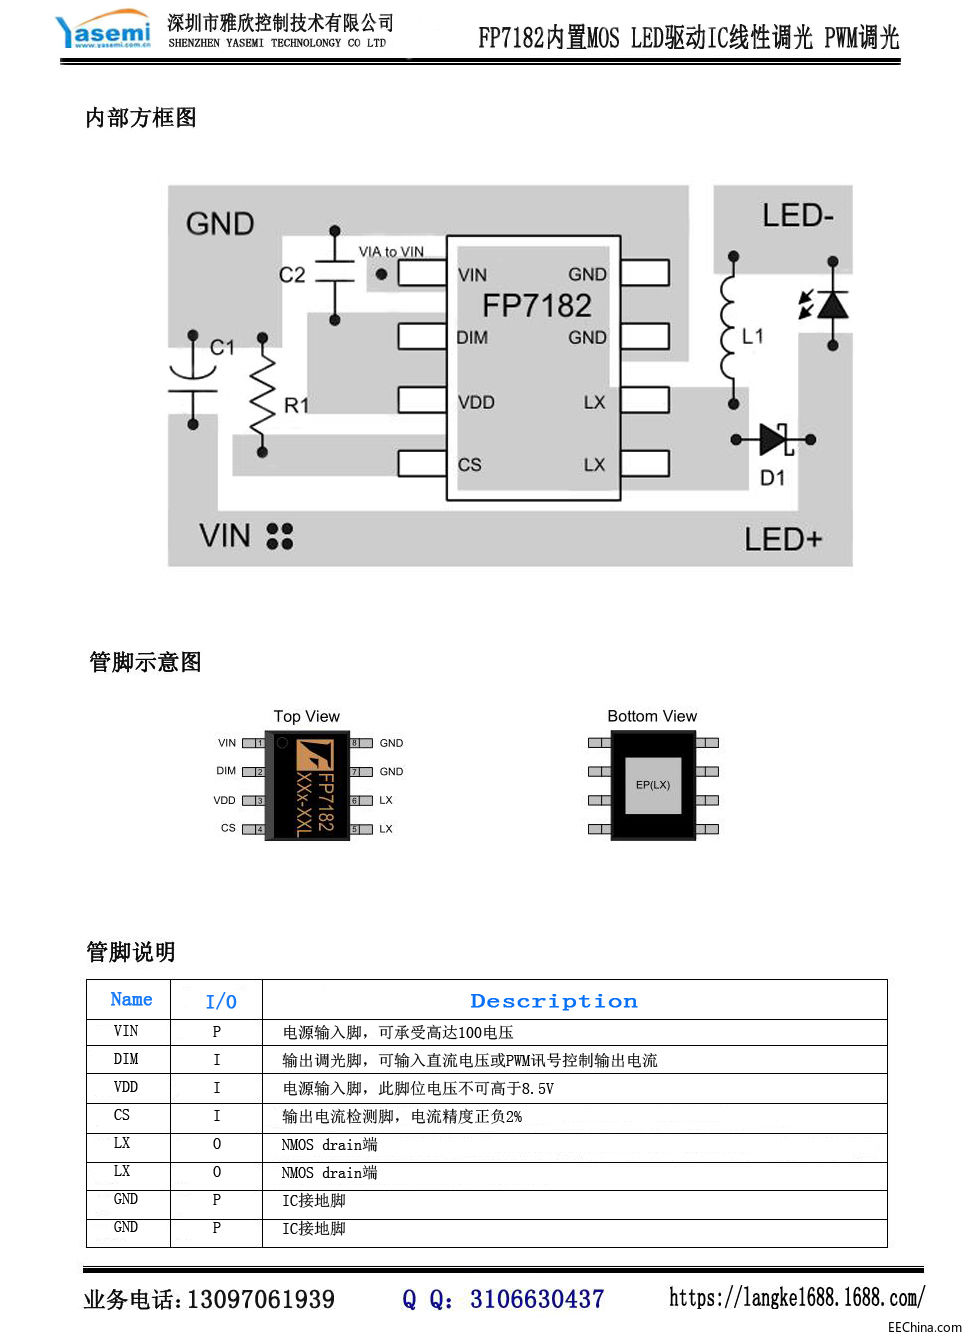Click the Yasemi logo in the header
[x=104, y=31]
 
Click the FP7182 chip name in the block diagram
[x=537, y=305]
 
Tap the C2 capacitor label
[x=292, y=275]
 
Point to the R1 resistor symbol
[x=263, y=396]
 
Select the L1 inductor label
[x=753, y=336]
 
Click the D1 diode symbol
[x=775, y=439]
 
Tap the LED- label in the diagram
[x=797, y=216]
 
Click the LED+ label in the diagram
[x=783, y=540]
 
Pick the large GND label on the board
[x=220, y=224]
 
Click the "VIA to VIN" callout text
[x=391, y=252]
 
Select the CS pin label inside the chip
[x=470, y=465]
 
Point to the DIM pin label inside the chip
[x=472, y=338]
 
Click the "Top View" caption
[x=307, y=717]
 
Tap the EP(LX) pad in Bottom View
[x=653, y=785]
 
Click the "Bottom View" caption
[x=652, y=717]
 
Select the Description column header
[x=553, y=1001]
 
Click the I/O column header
[x=221, y=1001]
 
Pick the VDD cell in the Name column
[x=126, y=1087]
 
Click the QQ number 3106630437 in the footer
[x=537, y=1299]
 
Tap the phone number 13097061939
[x=261, y=1300]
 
